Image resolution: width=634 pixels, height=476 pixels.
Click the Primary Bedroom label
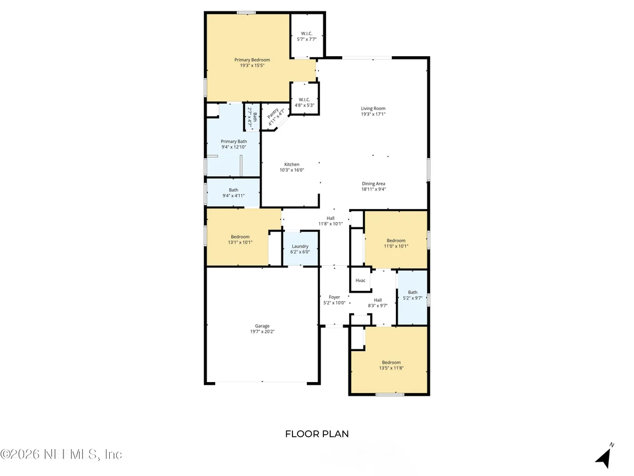click(x=252, y=60)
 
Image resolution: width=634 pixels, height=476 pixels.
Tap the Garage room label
click(x=262, y=326)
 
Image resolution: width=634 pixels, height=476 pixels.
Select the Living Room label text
click(x=373, y=108)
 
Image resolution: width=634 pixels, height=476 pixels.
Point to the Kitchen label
click(x=291, y=164)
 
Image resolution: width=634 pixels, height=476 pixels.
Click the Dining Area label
click(x=373, y=184)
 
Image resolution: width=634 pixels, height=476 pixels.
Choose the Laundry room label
click(x=300, y=246)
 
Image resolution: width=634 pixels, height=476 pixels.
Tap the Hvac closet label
click(x=360, y=281)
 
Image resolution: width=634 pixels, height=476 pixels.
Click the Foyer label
click(x=334, y=297)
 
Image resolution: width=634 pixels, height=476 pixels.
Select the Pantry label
click(x=273, y=113)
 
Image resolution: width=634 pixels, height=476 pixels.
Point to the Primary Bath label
click(x=233, y=141)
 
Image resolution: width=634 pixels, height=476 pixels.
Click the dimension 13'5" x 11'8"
click(x=391, y=368)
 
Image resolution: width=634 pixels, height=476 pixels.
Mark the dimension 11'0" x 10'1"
click(x=396, y=246)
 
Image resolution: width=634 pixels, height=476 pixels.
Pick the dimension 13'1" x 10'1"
click(x=240, y=242)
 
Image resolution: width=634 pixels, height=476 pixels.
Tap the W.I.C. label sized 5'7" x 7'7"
click(x=307, y=34)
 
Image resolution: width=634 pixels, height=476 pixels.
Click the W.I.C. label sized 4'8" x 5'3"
click(x=304, y=100)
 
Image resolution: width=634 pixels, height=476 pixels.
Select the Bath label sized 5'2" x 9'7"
click(x=413, y=292)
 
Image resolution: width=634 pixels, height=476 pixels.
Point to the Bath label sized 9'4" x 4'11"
click(x=233, y=190)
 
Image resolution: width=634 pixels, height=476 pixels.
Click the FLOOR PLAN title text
click(x=317, y=434)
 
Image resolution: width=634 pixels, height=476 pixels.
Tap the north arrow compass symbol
click(x=604, y=457)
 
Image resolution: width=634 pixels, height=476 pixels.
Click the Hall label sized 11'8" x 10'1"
click(x=330, y=218)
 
